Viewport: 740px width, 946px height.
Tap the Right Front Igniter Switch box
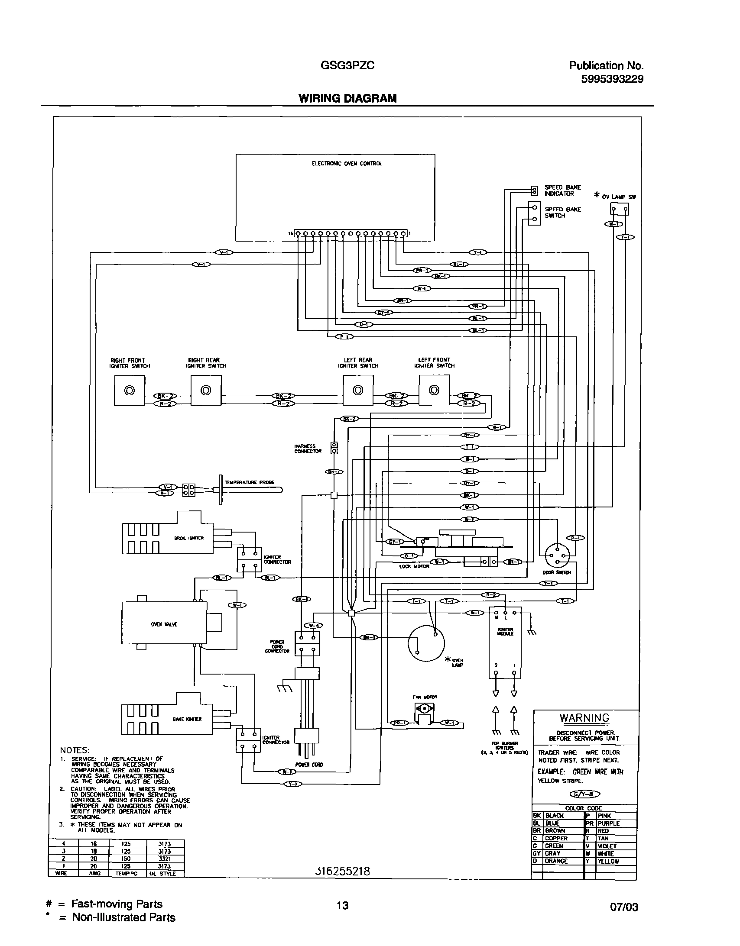pos(129,390)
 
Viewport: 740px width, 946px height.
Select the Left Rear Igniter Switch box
pos(357,390)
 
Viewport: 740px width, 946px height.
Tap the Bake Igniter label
pos(187,719)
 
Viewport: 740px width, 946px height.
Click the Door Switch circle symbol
pos(557,555)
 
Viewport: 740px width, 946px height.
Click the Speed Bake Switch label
pos(563,213)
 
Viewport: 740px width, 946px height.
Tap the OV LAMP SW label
pos(619,197)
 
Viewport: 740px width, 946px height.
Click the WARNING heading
pos(584,718)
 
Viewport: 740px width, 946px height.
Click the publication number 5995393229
pos(612,79)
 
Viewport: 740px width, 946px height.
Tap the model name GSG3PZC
pos(347,66)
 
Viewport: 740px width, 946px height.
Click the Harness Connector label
pos(308,449)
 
